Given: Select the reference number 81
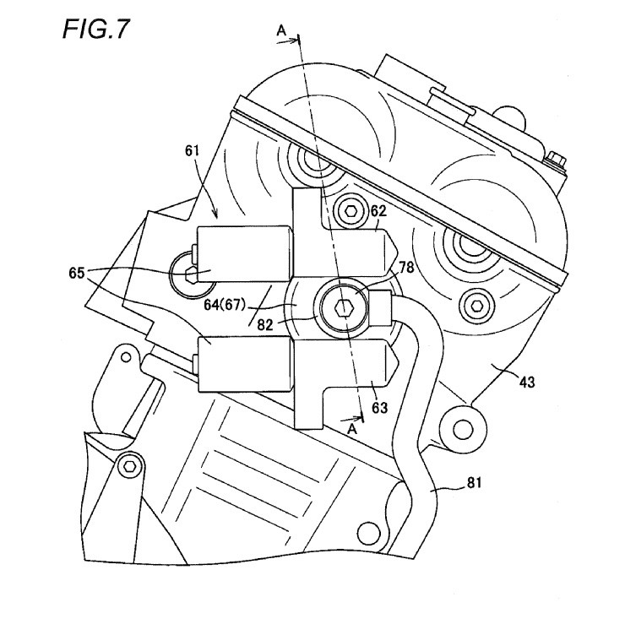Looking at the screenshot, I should [476, 484].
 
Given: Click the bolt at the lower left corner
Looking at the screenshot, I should [130, 464].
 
